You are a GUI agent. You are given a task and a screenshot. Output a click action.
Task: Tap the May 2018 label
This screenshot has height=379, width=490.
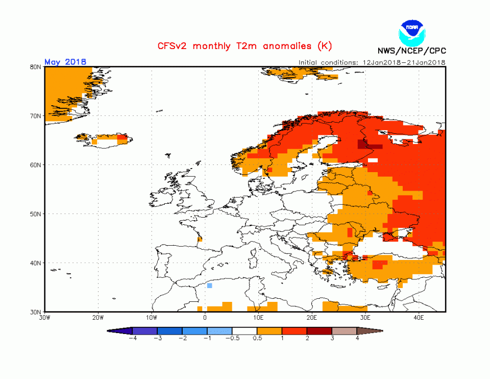(x=65, y=62)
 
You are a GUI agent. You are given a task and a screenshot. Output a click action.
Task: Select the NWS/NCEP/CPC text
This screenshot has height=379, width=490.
(x=411, y=51)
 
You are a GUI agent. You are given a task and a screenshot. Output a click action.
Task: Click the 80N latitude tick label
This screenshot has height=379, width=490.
(x=35, y=67)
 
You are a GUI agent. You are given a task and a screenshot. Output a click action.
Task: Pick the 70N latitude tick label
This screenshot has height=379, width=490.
(x=35, y=116)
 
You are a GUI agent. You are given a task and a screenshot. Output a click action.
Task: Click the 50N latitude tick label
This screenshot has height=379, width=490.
(x=35, y=214)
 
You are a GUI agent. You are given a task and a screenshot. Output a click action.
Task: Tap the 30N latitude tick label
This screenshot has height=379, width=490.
(x=35, y=312)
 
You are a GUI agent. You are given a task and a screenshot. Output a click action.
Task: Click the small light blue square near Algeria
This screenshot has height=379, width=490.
(x=209, y=286)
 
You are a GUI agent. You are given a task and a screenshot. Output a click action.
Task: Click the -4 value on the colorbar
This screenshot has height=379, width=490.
(x=132, y=338)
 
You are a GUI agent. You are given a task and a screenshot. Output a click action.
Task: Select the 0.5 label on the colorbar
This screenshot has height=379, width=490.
(x=257, y=338)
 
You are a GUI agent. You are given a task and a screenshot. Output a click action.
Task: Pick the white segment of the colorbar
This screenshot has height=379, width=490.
(x=244, y=331)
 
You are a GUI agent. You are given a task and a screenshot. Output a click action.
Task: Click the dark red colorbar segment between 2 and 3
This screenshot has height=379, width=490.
(x=320, y=331)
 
